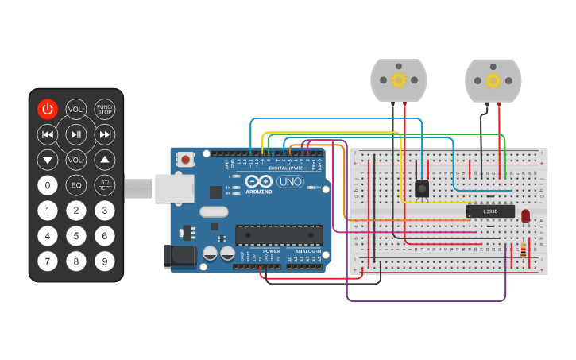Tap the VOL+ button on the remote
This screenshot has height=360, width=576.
point(75,109)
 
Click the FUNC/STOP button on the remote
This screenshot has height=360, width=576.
point(104,109)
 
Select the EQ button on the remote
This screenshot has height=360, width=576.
point(75,185)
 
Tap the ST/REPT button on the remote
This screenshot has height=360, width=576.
point(104,185)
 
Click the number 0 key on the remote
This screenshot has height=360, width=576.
point(48,185)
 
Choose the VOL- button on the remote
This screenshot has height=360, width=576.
point(75,160)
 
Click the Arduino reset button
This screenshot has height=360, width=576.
point(185,159)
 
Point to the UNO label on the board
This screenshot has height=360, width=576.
point(290,182)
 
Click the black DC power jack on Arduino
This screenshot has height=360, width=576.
point(179,255)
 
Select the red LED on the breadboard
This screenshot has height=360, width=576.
point(525,215)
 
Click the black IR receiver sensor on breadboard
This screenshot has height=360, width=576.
point(423,188)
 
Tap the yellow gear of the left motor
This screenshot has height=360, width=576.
point(399,80)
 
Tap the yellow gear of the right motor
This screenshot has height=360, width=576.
point(493,80)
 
